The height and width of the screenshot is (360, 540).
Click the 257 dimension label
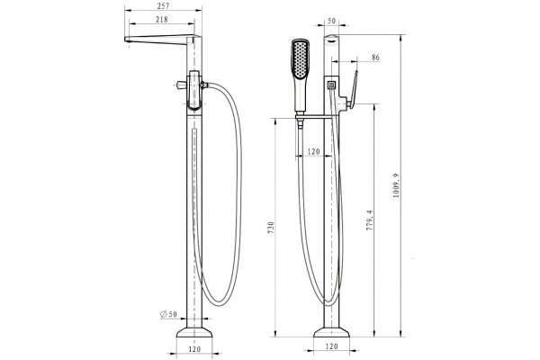point(163,6)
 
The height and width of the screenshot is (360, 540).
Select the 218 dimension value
point(162,20)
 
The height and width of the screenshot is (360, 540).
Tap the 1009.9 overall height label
point(396,185)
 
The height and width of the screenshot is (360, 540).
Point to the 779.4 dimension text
point(370,220)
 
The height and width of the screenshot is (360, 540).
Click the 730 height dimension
point(270,228)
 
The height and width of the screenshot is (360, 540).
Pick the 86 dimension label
point(375,58)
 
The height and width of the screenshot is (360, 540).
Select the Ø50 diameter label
point(169,314)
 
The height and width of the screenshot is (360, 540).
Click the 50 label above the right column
point(331,21)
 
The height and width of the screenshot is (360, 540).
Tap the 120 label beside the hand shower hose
point(313,151)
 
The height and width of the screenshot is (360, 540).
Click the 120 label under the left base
point(194,349)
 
